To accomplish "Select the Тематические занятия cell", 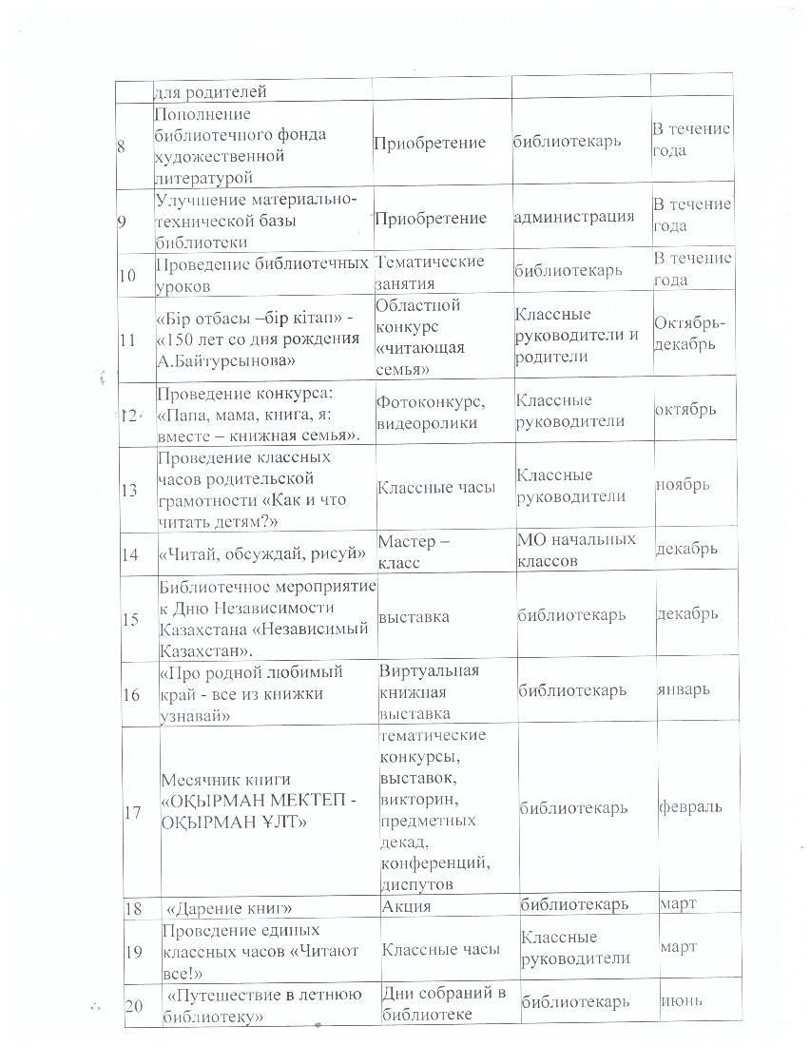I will click(430, 271).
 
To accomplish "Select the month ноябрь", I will click(682, 484).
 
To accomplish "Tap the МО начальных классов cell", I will click(575, 550).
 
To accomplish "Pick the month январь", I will click(683, 688).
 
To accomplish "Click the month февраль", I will click(689, 806).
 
